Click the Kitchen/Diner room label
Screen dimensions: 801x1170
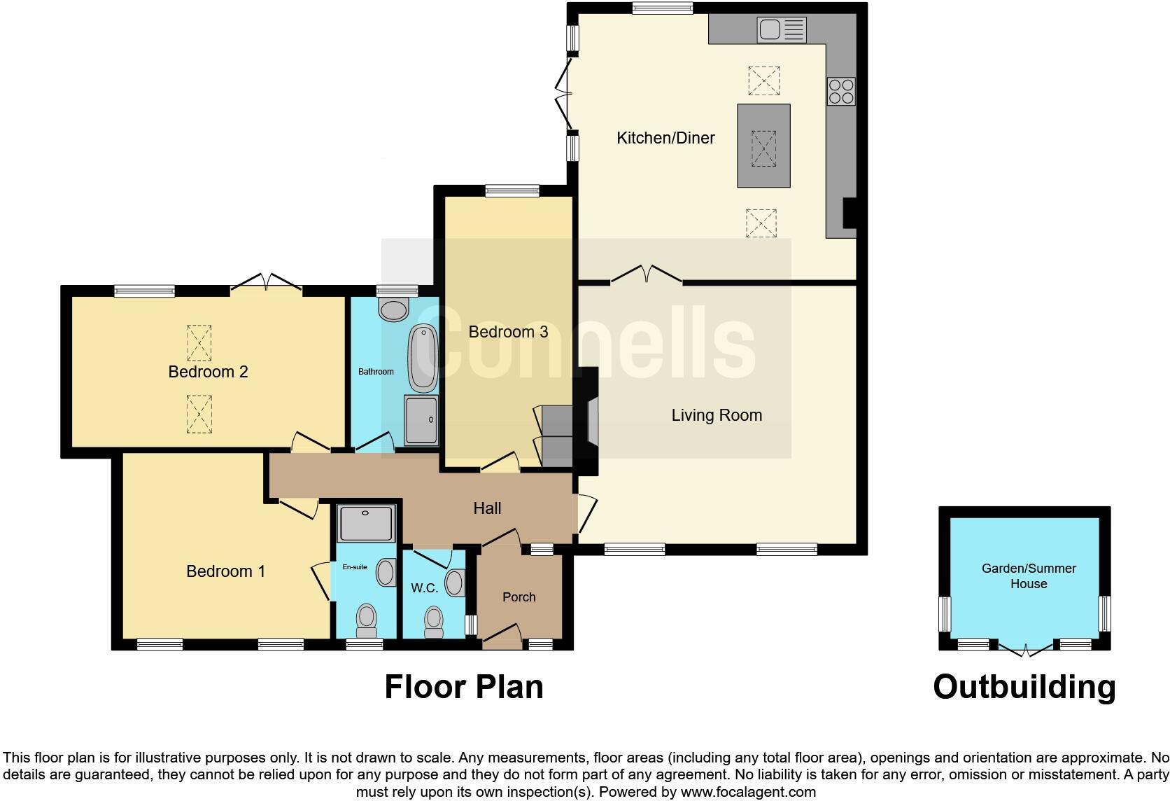pyautogui.click(x=665, y=138)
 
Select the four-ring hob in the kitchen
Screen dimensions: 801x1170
pyautogui.click(x=841, y=90)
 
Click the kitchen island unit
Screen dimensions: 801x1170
pyautogui.click(x=763, y=146)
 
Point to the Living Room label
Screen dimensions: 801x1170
pyautogui.click(x=717, y=415)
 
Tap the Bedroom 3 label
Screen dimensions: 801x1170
pyautogui.click(x=508, y=332)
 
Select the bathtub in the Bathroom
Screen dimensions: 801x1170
pyautogui.click(x=423, y=358)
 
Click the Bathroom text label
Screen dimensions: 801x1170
pyautogui.click(x=376, y=372)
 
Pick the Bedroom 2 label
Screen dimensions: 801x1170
pyautogui.click(x=208, y=372)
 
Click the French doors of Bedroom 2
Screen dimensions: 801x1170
pyautogui.click(x=267, y=282)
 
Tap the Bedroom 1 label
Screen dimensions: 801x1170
pyautogui.click(x=225, y=571)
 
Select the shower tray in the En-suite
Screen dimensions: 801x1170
pyautogui.click(x=366, y=523)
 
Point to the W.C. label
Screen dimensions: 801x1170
pyautogui.click(x=424, y=588)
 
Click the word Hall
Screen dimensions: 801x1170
pyautogui.click(x=487, y=508)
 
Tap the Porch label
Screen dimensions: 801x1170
pyautogui.click(x=519, y=597)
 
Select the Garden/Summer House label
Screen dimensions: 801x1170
pyautogui.click(x=1028, y=576)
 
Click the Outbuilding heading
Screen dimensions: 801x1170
pyautogui.click(x=1024, y=687)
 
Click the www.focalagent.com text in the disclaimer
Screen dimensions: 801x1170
pyautogui.click(x=748, y=792)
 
